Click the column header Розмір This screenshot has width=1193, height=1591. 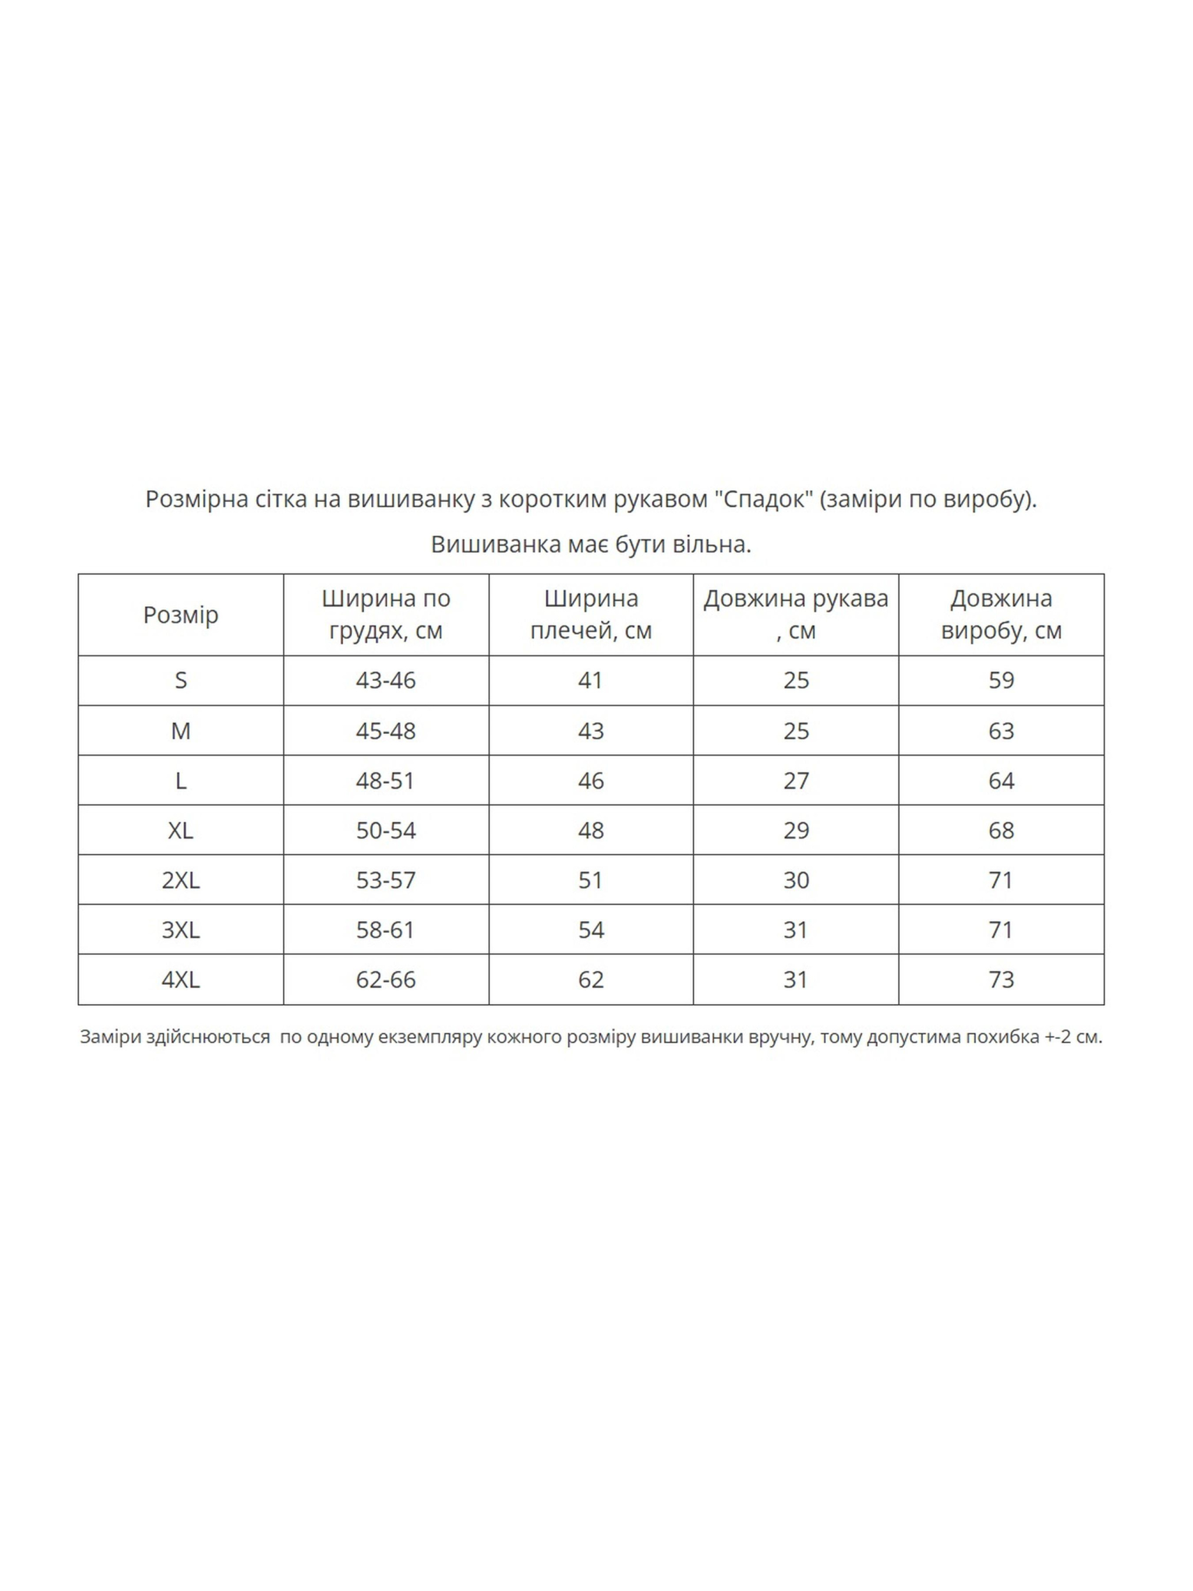[180, 615]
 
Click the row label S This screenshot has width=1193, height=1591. [180, 681]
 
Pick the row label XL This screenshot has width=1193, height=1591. [180, 830]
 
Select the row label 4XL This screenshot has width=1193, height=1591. [180, 979]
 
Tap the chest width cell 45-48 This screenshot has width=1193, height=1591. [385, 731]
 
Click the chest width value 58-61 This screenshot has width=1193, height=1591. [385, 930]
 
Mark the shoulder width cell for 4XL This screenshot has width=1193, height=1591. [590, 979]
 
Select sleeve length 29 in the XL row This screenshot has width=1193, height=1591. [795, 830]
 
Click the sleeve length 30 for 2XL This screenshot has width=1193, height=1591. [795, 880]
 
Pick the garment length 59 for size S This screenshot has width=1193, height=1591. [1001, 681]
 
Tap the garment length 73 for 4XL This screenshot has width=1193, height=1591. [1001, 979]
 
